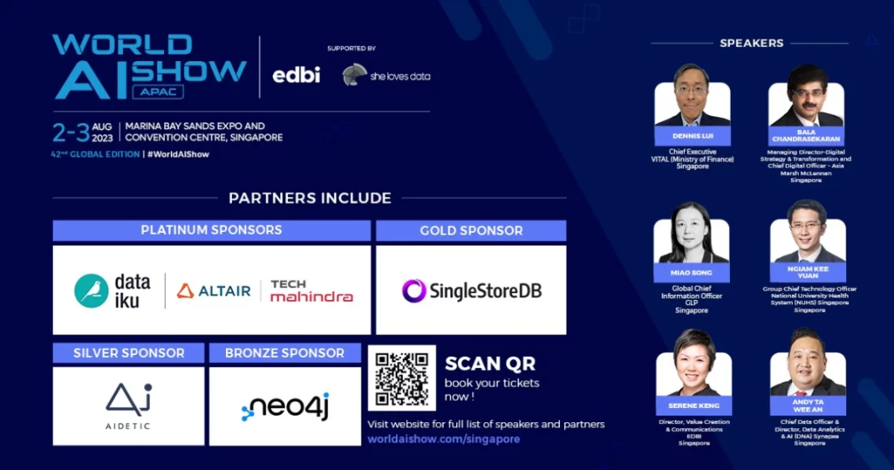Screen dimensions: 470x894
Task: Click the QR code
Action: tap(402, 378)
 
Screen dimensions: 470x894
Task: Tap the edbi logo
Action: tap(296, 75)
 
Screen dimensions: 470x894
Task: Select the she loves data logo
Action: tap(386, 75)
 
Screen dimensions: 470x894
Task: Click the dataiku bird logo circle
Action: tap(91, 291)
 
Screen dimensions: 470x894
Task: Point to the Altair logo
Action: tap(214, 291)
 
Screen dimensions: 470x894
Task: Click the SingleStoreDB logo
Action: tap(471, 291)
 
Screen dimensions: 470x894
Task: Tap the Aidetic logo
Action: tap(128, 405)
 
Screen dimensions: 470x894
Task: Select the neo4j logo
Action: tap(285, 405)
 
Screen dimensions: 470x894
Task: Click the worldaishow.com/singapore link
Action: tap(444, 439)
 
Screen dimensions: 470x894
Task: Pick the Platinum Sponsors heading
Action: tap(211, 230)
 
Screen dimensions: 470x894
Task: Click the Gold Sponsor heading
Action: tap(471, 230)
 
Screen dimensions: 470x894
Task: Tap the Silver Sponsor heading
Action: tap(128, 353)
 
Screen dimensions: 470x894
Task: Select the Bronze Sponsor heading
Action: tap(285, 353)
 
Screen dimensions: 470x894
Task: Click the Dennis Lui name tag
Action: tap(692, 136)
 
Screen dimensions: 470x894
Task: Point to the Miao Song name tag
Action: tap(692, 273)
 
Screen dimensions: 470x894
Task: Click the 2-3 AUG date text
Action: tap(82, 132)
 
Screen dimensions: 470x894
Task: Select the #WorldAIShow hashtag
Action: tap(178, 154)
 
